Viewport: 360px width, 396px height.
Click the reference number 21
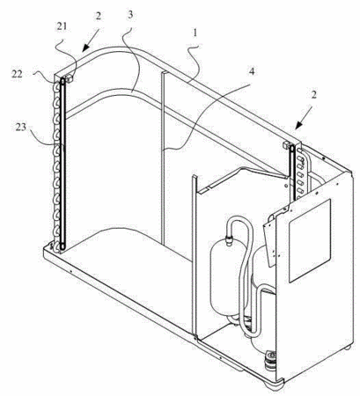click(x=62, y=26)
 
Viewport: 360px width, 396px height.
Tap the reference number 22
click(x=17, y=74)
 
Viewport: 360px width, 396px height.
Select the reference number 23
click(x=21, y=128)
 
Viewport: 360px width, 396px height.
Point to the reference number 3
click(x=130, y=15)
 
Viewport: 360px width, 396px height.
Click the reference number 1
click(x=195, y=33)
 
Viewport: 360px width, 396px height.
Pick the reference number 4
click(x=253, y=71)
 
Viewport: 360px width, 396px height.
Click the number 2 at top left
click(x=98, y=16)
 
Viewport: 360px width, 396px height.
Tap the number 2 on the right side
click(x=314, y=95)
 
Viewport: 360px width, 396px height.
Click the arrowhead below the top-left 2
click(x=86, y=48)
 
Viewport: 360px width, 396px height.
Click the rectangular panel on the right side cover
click(x=310, y=241)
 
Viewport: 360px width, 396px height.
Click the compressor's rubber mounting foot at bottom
click(x=269, y=358)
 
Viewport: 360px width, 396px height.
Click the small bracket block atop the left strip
click(x=70, y=79)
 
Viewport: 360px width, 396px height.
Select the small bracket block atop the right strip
click(x=285, y=144)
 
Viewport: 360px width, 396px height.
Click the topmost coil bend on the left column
click(x=56, y=87)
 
